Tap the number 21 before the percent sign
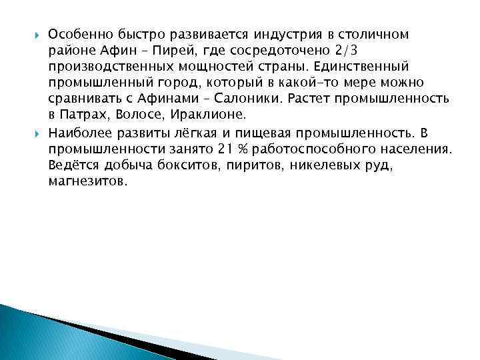click(205, 147)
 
